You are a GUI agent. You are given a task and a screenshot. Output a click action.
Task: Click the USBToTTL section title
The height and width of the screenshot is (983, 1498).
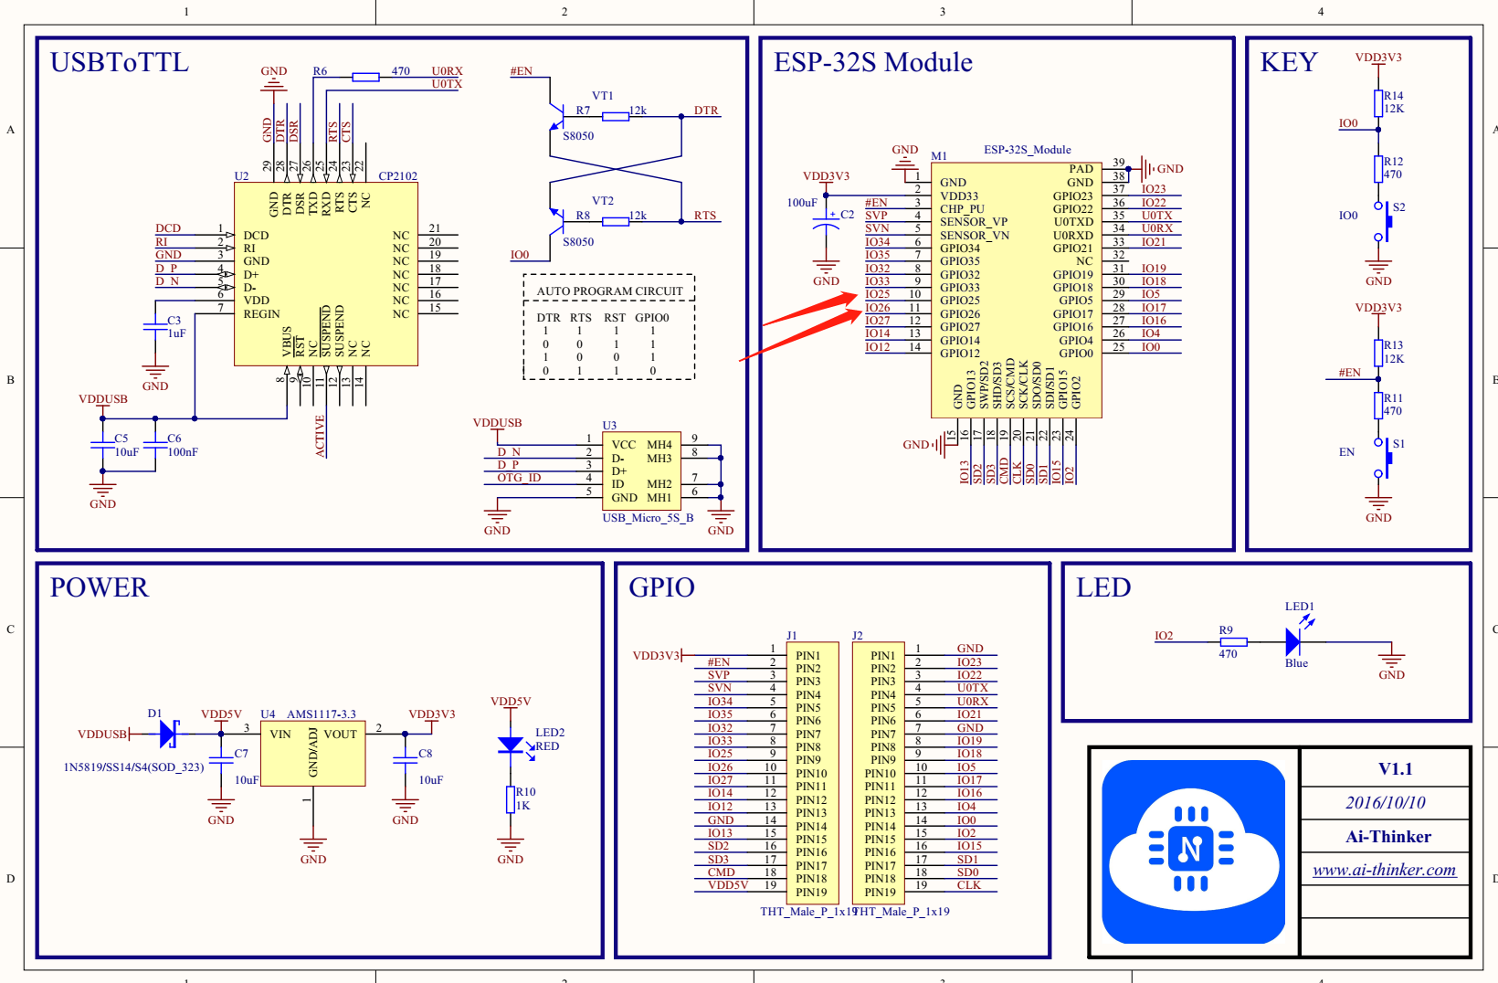click(119, 62)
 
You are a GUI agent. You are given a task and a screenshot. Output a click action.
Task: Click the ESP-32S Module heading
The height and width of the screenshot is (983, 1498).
click(872, 62)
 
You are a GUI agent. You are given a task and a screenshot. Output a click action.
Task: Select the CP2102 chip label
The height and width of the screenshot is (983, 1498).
click(397, 175)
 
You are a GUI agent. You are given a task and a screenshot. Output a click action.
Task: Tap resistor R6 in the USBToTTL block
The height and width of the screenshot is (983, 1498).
click(365, 77)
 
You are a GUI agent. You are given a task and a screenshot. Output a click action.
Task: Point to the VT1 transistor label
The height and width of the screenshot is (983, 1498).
click(602, 96)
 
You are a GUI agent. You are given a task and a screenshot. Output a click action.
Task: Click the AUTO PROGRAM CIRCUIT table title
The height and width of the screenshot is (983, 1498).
click(609, 291)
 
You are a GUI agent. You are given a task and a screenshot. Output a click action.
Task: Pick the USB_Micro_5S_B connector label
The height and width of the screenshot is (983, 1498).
click(648, 518)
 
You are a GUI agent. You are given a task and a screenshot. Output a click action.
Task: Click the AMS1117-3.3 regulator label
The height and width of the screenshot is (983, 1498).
click(322, 714)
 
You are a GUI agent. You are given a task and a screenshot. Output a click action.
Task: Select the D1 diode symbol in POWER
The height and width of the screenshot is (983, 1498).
click(168, 733)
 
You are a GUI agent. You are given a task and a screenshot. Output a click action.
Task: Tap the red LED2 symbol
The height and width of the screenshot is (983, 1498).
click(511, 745)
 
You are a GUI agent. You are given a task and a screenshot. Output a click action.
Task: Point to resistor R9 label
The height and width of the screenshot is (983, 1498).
click(1226, 630)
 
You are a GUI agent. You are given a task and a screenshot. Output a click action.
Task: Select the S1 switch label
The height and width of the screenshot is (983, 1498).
click(1398, 444)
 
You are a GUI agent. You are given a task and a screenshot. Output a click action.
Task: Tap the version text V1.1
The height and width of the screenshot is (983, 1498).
click(1395, 769)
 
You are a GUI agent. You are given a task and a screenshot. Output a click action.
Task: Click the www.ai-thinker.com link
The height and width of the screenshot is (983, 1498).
click(1384, 870)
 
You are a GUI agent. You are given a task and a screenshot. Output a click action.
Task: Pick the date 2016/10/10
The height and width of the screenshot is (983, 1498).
click(1385, 803)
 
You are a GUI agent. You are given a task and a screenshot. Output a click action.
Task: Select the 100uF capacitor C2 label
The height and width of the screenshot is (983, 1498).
click(847, 215)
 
